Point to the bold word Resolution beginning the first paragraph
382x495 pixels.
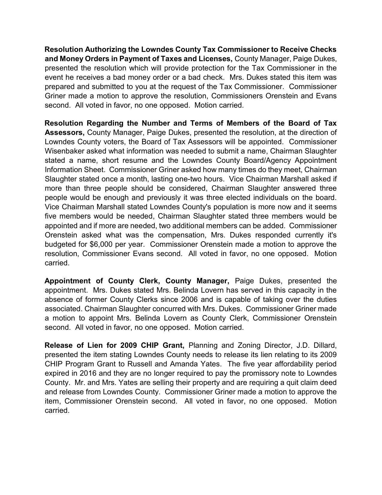(64, 49)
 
